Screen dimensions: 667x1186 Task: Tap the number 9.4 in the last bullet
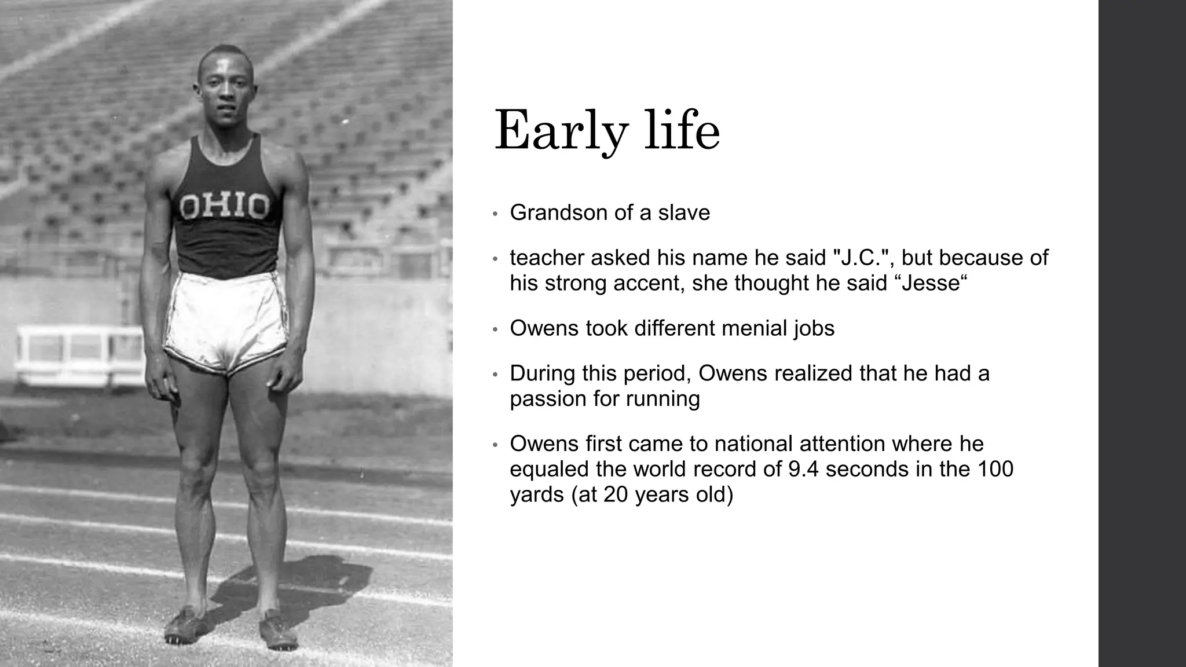tap(804, 469)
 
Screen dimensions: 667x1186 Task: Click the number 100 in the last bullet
tap(995, 469)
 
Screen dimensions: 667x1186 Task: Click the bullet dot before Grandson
tap(495, 214)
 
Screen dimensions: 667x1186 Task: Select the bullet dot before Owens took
tap(495, 329)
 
